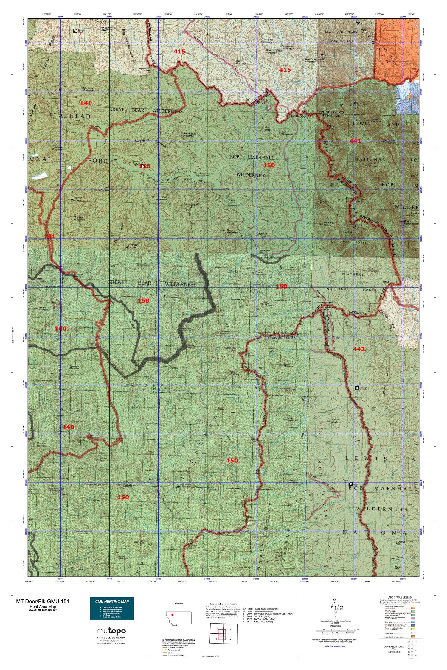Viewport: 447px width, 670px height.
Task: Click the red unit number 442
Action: point(358,349)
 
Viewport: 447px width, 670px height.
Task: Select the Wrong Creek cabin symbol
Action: point(357,388)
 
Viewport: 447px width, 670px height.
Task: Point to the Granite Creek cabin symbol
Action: point(75,31)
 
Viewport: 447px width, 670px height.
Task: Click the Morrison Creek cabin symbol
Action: point(104,29)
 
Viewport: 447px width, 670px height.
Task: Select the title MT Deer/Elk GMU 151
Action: point(43,601)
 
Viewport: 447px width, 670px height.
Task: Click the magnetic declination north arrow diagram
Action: point(338,609)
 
